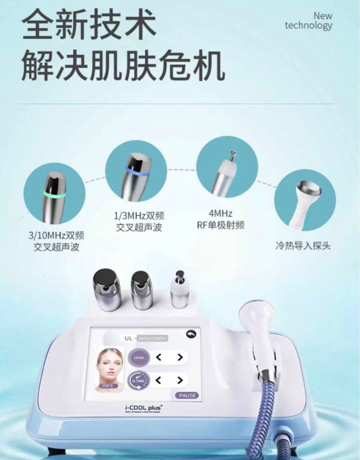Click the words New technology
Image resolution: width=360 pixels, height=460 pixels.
pos(308,21)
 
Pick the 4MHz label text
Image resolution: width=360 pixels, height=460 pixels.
pos(220,213)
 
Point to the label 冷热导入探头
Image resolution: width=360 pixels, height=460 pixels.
pos(302,246)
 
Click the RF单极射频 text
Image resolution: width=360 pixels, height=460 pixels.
pos(221,225)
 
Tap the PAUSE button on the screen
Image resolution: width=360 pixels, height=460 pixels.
pos(187,395)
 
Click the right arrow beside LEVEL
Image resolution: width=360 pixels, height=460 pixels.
pos(180,357)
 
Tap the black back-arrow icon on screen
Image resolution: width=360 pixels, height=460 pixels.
pos(191,335)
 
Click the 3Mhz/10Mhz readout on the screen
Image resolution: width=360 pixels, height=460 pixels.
pos(152,338)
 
